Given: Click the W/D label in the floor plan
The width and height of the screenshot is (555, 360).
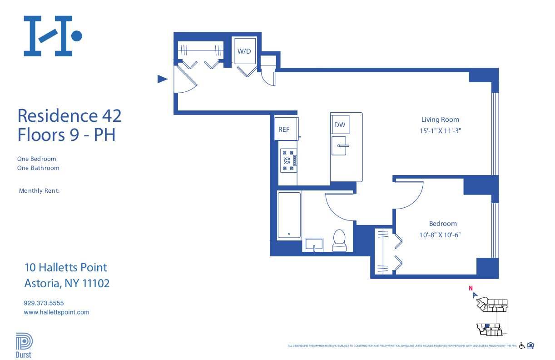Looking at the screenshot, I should pos(244,51).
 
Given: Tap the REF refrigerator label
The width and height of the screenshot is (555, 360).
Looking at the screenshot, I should pos(284,130).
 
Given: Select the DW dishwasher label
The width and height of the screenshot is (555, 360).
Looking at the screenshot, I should pos(340,125).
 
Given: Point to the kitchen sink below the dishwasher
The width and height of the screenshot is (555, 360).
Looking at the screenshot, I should pos(340,146).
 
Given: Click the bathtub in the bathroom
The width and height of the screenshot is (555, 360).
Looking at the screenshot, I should pos(289,215).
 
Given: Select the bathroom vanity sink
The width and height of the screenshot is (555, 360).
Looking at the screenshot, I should pos(314,244).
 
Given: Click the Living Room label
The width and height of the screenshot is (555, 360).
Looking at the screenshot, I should pos(440,120).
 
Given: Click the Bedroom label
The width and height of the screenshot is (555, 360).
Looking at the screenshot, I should pos(443,224).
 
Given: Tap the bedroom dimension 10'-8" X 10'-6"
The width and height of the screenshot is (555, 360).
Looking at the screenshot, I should pos(443,235).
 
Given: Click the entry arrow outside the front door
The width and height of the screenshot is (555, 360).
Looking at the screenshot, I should pos(162,79).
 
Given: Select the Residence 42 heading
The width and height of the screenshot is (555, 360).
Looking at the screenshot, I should pos(69,115).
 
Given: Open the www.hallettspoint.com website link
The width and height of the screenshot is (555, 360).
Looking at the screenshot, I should pos(56,312).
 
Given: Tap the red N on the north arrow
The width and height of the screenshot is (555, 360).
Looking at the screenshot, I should pos(471,288).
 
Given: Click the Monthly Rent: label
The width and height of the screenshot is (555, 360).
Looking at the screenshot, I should pos(40,191).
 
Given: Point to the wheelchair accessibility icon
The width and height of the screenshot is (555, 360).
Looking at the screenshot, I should pos(522,345).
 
